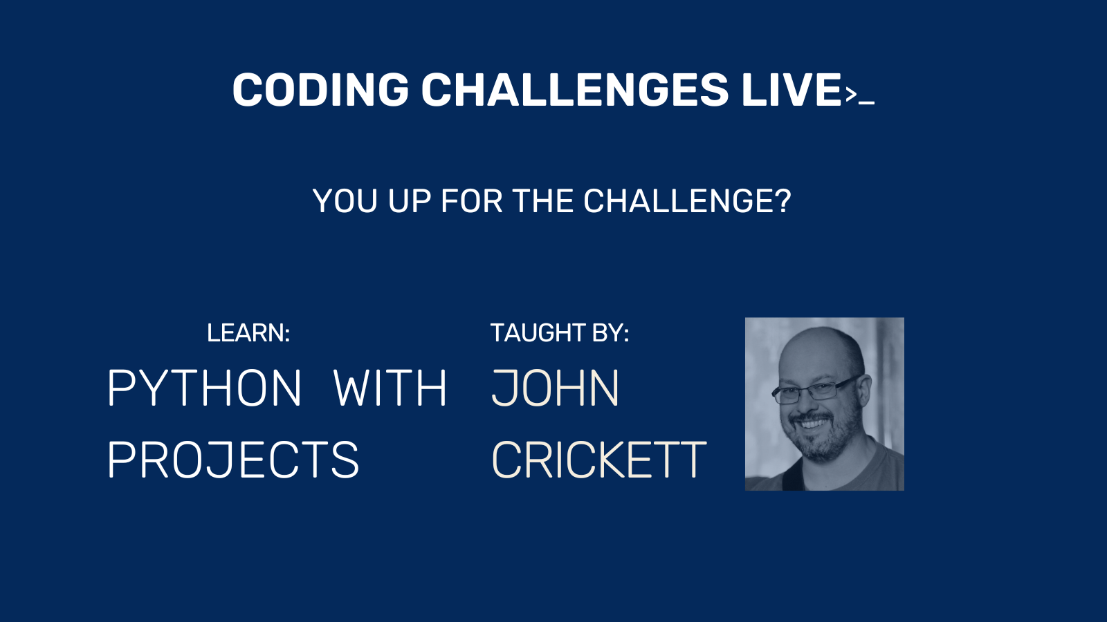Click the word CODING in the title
coord(321,89)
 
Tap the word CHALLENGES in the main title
coord(575,89)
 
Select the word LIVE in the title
coord(792,89)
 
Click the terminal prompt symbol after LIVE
coord(859,95)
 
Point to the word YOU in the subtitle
coord(345,201)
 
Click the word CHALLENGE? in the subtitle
coord(688,201)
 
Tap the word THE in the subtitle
coord(542,201)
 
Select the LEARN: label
coord(248,332)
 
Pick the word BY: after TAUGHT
coord(611,332)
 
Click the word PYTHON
coord(204,388)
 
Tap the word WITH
coord(390,388)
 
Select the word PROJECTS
coord(233,460)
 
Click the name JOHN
coord(555,388)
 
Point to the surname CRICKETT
coord(599,460)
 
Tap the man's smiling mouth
coord(810,424)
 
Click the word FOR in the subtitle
coord(471,201)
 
